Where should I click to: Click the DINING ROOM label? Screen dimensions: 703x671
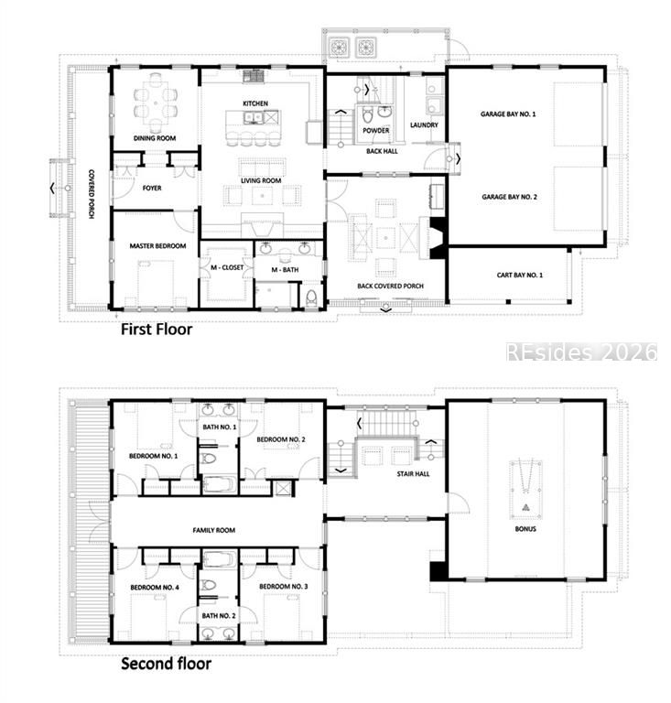click(x=155, y=138)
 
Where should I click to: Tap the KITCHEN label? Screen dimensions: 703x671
click(x=255, y=104)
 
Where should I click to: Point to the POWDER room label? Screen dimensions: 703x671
click(x=375, y=131)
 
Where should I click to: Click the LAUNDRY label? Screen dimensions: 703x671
click(x=424, y=125)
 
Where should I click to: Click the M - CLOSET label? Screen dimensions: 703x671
click(x=226, y=268)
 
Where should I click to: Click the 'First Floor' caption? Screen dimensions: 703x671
click(x=157, y=329)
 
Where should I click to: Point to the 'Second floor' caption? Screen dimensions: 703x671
click(x=166, y=664)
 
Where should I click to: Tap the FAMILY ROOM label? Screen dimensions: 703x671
click(x=213, y=531)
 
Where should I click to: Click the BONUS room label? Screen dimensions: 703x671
click(x=525, y=530)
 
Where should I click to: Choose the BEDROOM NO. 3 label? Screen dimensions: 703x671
click(x=283, y=586)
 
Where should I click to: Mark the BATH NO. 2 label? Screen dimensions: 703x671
click(x=220, y=616)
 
